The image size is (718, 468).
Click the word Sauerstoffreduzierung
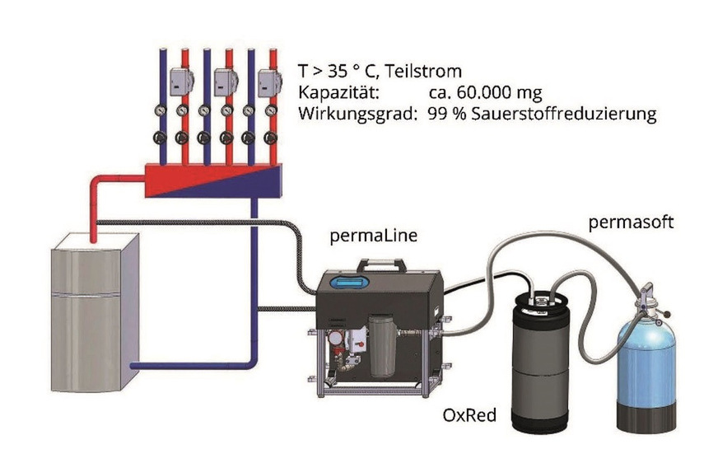[573, 115]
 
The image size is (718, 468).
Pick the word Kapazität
[338, 93]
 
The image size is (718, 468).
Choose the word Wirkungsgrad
[357, 115]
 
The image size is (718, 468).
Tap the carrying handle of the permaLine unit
[381, 266]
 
